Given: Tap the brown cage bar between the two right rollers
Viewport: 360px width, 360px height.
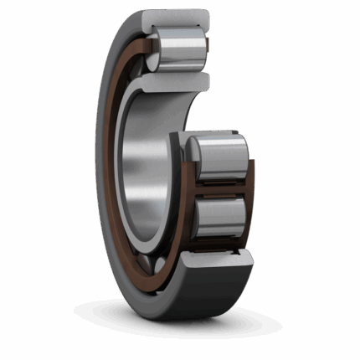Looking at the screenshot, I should (x=219, y=188).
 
